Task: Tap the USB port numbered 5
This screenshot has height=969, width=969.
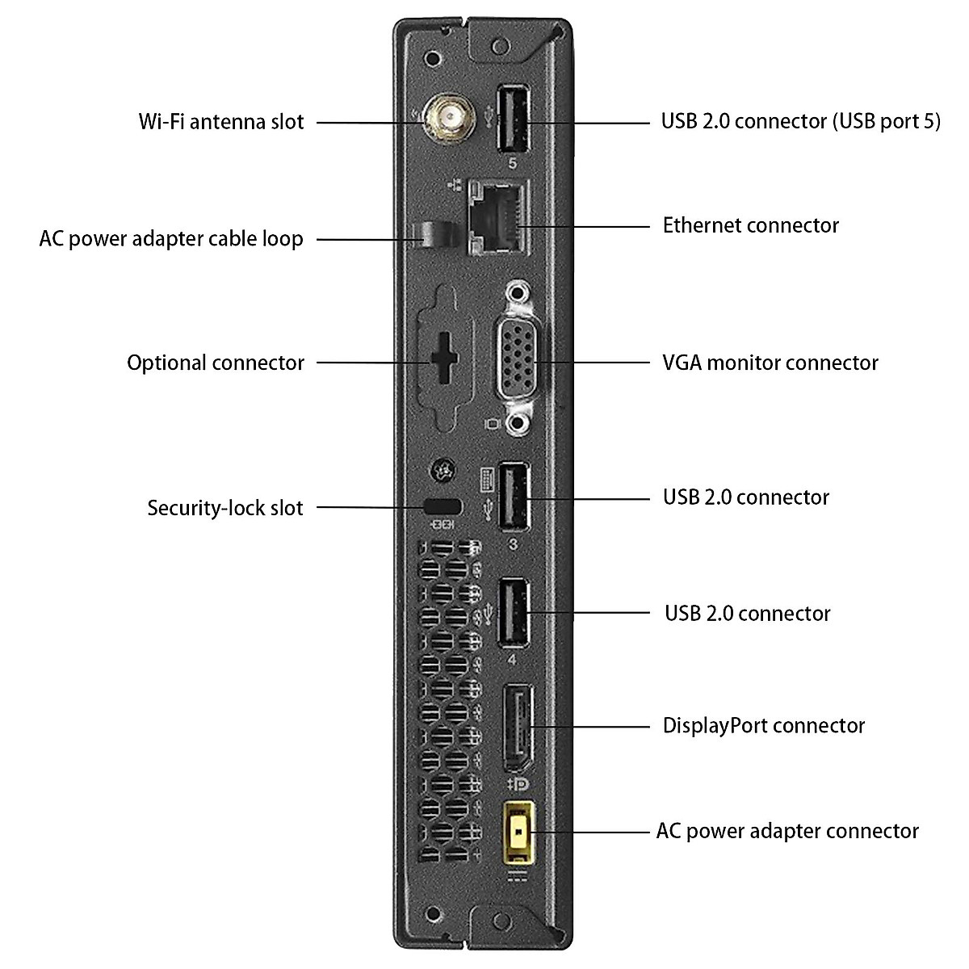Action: [x=513, y=119]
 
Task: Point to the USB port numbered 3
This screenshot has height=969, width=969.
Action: [x=513, y=496]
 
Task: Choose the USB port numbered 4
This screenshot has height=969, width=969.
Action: [x=513, y=613]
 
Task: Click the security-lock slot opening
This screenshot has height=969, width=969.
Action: [x=443, y=506]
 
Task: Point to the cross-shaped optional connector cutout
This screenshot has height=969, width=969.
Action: [x=443, y=359]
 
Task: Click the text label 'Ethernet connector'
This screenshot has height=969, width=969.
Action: [x=750, y=224]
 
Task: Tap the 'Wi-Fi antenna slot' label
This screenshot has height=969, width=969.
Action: [x=221, y=122]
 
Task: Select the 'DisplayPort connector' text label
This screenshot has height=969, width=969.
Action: [x=763, y=725]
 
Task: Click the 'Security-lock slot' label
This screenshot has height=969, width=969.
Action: [x=224, y=508]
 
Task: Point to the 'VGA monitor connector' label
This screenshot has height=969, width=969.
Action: [x=770, y=363]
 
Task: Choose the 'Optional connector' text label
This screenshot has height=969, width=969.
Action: [x=216, y=363]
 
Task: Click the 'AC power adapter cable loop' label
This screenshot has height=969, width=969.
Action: [x=171, y=239]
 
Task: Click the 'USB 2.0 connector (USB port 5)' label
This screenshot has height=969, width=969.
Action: [x=800, y=121]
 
